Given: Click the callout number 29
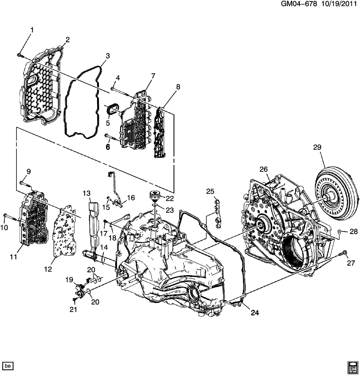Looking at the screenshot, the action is click(317, 147).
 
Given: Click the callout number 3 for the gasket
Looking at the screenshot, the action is click(108, 56).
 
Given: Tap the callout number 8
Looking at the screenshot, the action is click(178, 87).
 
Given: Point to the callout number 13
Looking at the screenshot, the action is click(87, 193).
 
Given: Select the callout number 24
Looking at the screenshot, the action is click(255, 312).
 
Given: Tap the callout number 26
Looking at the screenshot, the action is click(264, 169).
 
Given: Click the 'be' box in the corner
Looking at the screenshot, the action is click(7, 366).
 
